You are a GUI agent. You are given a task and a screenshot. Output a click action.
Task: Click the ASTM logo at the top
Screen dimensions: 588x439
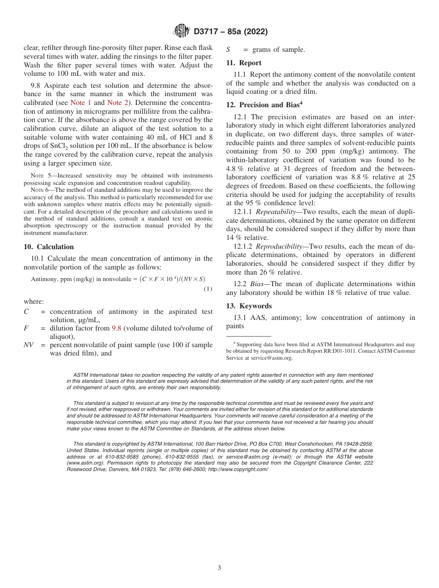coord(181,31)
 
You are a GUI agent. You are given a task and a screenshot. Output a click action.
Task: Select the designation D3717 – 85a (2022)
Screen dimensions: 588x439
coord(231,32)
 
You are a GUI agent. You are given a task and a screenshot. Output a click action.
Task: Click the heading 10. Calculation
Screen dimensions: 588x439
coord(49,247)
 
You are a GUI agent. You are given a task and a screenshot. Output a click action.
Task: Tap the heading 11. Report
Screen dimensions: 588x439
coord(244,63)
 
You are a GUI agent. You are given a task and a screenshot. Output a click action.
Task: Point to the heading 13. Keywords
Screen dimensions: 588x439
coord(249,306)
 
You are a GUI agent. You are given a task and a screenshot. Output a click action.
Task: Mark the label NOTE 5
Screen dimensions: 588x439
coord(40,176)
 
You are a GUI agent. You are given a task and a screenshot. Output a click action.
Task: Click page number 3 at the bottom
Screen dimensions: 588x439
coord(219,568)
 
